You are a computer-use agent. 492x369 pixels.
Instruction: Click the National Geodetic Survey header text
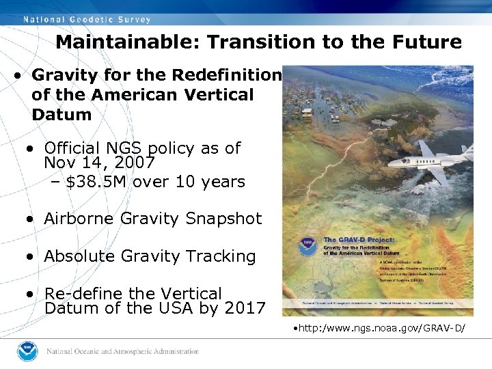click(x=87, y=18)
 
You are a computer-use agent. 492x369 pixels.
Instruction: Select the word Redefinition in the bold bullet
click(x=227, y=74)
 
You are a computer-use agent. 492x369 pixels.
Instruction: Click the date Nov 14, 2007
click(x=100, y=164)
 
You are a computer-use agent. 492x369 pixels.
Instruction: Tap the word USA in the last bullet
click(x=188, y=308)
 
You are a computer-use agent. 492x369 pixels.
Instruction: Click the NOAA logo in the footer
click(x=28, y=351)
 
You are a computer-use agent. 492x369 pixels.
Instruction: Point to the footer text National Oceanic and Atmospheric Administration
click(x=122, y=351)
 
